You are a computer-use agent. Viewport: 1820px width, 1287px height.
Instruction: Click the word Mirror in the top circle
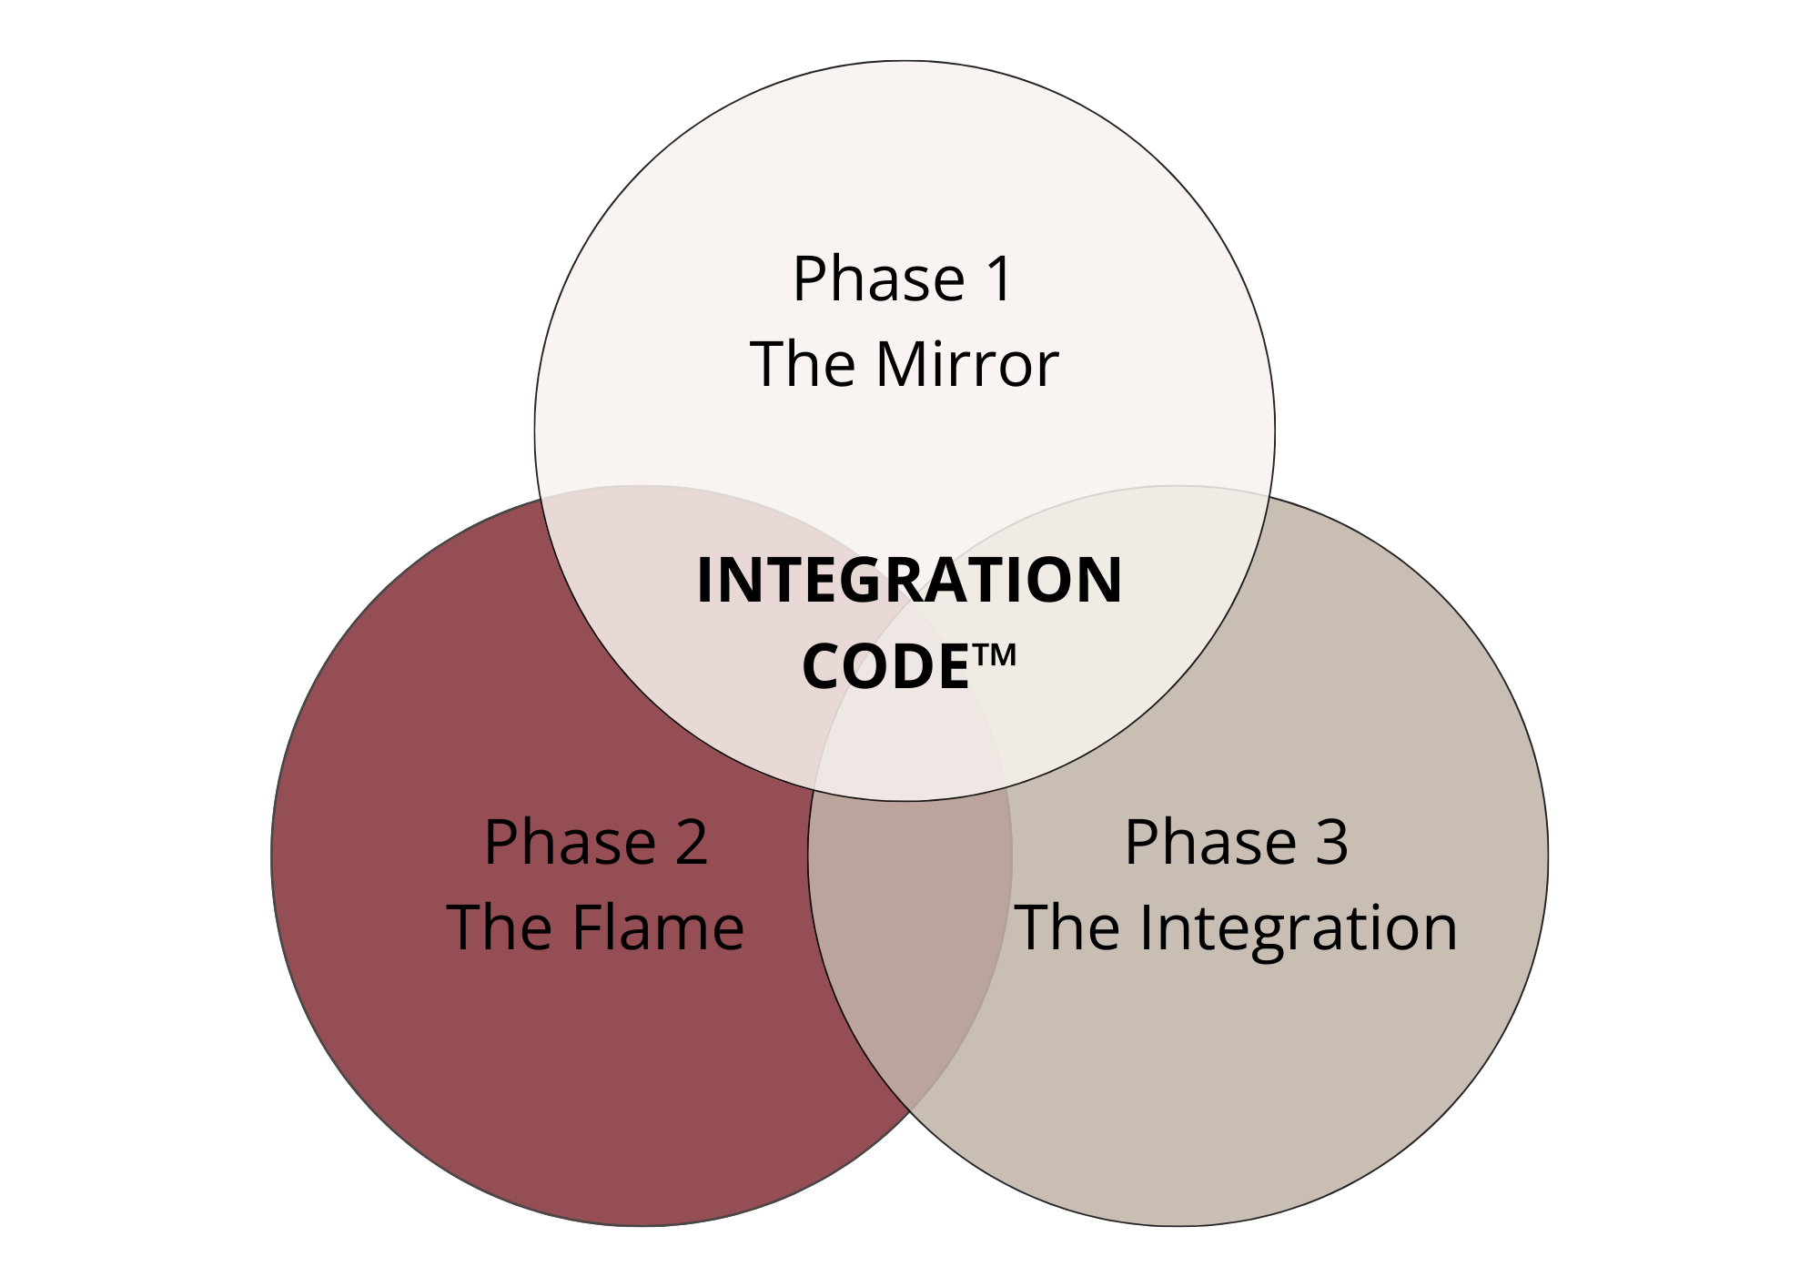pos(967,365)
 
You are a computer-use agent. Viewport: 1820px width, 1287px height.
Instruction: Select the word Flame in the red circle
pos(658,928)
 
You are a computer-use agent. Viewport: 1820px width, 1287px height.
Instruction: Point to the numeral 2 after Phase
pos(691,842)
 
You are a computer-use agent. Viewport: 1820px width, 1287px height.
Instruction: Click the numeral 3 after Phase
pos(1332,842)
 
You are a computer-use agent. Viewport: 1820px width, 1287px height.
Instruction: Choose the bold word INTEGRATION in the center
pos(909,581)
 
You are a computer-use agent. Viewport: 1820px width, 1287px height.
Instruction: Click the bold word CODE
pos(885,666)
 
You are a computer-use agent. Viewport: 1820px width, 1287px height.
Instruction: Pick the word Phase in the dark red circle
pos(570,842)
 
